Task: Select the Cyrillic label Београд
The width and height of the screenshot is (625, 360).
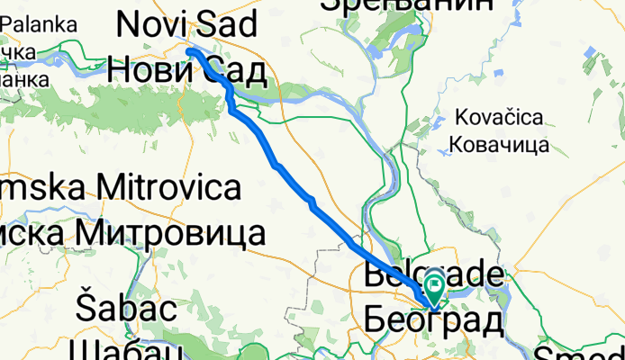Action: pos(433,319)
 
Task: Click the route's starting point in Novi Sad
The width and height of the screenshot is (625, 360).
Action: pos(190,51)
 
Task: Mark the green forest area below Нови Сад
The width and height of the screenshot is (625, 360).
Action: pos(144,94)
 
